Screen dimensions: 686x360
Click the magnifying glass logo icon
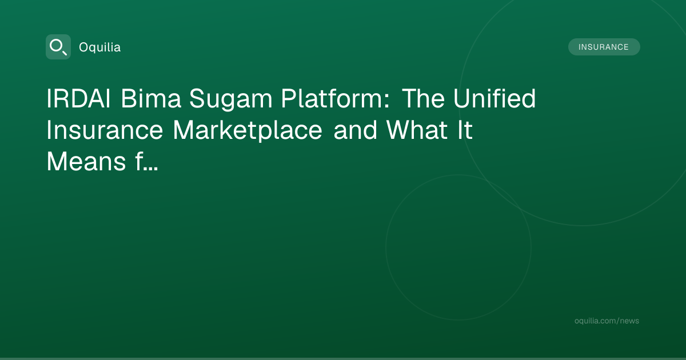(x=58, y=47)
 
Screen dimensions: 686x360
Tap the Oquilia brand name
(x=100, y=47)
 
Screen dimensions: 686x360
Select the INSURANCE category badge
(x=604, y=47)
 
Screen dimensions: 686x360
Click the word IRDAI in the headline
(x=78, y=98)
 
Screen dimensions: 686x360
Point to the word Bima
(x=151, y=98)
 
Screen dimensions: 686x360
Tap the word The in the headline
(x=423, y=98)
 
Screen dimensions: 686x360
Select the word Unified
(x=494, y=98)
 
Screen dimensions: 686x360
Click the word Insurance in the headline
(x=105, y=130)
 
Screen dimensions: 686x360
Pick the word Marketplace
(x=248, y=131)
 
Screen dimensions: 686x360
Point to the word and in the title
(x=355, y=130)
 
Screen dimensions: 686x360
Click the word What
(x=417, y=130)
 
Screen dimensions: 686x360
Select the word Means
(x=86, y=162)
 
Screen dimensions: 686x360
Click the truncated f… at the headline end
(x=147, y=162)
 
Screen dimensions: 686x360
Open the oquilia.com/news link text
(x=607, y=321)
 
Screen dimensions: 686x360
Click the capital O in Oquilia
(x=83, y=47)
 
